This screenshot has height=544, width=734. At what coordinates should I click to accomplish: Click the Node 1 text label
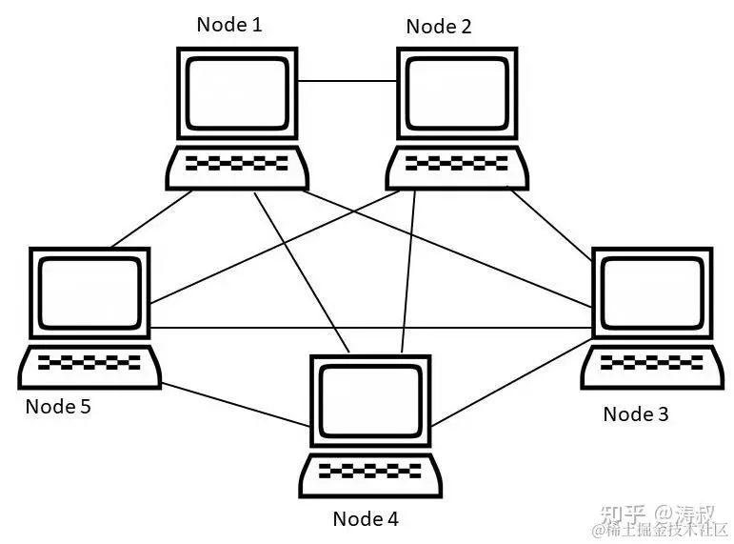coord(229,24)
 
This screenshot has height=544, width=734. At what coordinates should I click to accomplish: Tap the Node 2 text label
coord(438,26)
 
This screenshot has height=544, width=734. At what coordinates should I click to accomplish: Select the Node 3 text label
coord(636,413)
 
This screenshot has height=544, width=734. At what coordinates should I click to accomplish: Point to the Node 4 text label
coord(366,518)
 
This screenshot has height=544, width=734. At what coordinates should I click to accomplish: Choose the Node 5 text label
coord(58,406)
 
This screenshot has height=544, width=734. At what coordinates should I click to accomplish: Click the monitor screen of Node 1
coord(236,92)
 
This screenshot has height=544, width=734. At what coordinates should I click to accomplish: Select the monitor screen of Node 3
coord(652,292)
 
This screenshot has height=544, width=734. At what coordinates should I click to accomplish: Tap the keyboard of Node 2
coord(456,166)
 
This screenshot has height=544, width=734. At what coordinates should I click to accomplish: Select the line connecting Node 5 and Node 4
coord(233,404)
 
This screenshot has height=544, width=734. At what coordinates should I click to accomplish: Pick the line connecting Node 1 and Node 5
coord(152,219)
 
